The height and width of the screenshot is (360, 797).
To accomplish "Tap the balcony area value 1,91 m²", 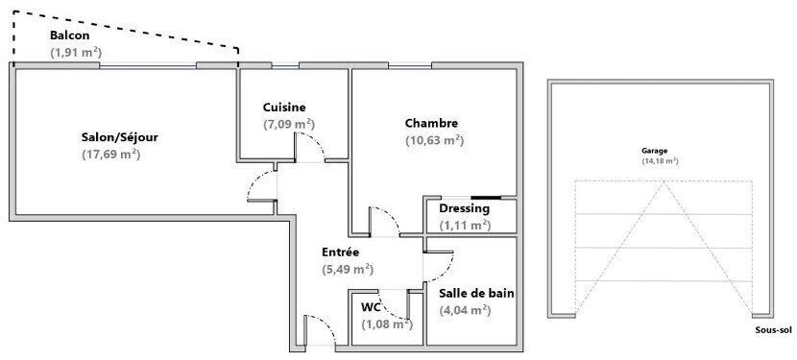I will point(76,53).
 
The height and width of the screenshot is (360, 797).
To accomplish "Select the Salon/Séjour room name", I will point(119,137).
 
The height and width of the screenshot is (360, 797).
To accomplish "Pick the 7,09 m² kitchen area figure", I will point(289,124).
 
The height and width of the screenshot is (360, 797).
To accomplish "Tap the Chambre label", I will point(431,123).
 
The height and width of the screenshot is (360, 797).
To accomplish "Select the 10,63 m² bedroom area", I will point(434,140).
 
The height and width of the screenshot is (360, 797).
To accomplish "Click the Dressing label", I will point(464,208).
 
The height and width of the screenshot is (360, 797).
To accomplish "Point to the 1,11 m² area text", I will point(465,226).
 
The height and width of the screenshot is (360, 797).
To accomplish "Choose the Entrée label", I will point(340,252).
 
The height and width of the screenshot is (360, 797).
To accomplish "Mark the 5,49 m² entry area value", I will point(348,270).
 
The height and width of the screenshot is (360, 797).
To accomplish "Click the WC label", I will point(372,307).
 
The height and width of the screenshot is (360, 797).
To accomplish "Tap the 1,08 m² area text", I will point(386,324).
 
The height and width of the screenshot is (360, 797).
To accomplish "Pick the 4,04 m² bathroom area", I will point(465,309).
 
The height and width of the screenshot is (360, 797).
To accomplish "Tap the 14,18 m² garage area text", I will point(660,161).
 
